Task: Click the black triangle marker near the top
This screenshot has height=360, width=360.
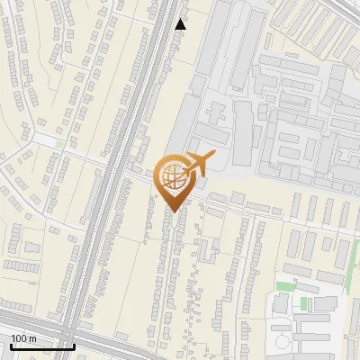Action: (181, 24)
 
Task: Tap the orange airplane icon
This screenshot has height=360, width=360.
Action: (200, 165)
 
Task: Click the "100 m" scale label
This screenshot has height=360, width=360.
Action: (22, 338)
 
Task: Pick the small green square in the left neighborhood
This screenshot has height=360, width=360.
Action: (59, 144)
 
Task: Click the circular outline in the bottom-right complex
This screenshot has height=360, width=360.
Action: (283, 342)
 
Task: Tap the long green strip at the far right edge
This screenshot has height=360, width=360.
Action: (357, 306)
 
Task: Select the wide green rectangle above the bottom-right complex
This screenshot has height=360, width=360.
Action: (285, 287)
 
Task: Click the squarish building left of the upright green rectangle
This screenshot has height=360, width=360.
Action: (281, 304)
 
